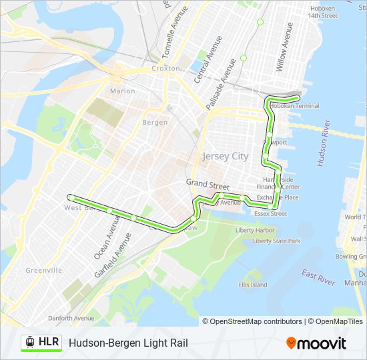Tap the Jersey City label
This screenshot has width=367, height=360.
pos(225,157)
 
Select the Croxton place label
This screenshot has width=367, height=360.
pos(165,68)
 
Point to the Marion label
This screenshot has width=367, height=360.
pos(122,91)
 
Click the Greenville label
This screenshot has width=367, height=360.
pos(43,270)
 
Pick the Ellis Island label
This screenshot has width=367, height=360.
pos(253,285)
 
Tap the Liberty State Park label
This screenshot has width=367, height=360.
pos(276,241)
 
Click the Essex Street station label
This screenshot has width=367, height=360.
pos(270,214)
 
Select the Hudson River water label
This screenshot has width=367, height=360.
pos(324,143)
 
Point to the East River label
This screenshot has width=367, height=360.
pos(318,278)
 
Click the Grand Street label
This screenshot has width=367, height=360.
pos(208,183)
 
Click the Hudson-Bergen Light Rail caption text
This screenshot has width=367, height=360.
pos(128,343)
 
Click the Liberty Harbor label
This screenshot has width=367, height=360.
pos(255,230)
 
